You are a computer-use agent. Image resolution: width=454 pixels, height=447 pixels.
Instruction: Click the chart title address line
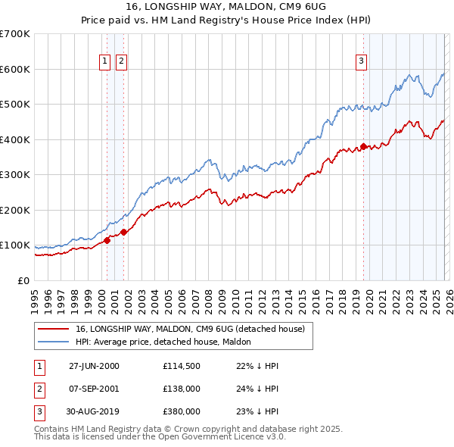[x=227, y=8]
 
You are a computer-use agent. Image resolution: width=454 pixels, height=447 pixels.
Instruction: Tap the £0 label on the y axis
[x=23, y=280]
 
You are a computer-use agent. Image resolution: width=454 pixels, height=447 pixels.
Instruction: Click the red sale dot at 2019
[x=363, y=146]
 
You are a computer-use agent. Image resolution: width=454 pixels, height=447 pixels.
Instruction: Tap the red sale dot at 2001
[x=123, y=232]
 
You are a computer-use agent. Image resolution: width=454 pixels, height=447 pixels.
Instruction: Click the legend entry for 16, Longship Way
[x=189, y=329]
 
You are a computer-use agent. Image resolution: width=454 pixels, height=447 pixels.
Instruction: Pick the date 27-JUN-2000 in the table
[x=94, y=366]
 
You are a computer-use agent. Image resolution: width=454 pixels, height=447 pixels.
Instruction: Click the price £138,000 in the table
[x=181, y=389]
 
